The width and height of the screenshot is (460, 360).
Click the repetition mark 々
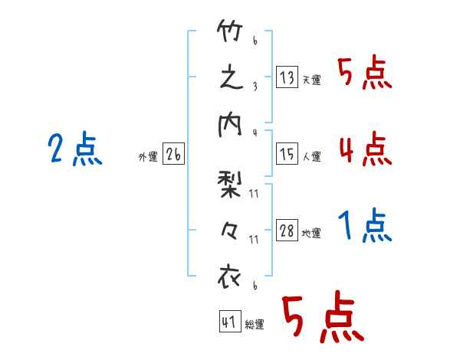231,230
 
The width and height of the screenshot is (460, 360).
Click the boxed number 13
287,77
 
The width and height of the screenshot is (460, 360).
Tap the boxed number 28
287,231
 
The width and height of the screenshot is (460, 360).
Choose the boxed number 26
173,155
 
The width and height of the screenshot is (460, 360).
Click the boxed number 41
229,322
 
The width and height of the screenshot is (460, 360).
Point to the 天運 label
311,80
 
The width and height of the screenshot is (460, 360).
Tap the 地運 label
311,234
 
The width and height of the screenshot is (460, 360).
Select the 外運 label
147,157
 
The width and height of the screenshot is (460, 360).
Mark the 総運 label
254,324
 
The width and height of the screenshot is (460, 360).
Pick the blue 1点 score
365,226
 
